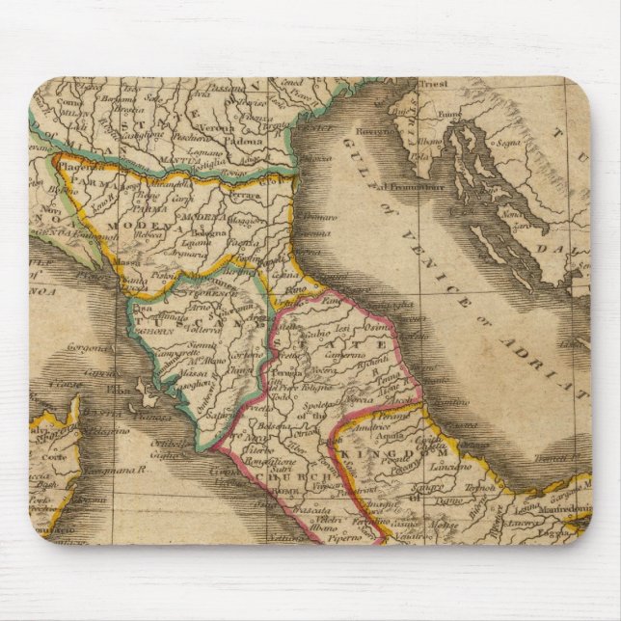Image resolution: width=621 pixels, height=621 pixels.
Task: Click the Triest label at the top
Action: pos(434,84)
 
